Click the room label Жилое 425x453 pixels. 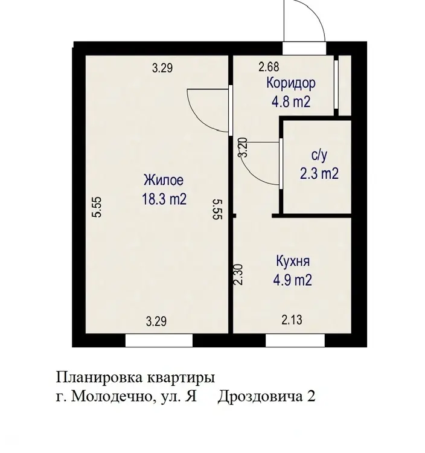click(x=164, y=180)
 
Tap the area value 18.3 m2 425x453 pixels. click(x=164, y=199)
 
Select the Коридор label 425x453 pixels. click(x=291, y=84)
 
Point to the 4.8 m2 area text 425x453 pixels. click(x=291, y=101)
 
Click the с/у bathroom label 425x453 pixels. click(x=319, y=156)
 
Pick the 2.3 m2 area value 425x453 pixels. click(x=319, y=174)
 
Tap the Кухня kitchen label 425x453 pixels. click(x=293, y=262)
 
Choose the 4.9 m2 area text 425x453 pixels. click(x=293, y=280)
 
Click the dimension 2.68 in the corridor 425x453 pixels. click(x=269, y=66)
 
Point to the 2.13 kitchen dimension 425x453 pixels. click(x=292, y=320)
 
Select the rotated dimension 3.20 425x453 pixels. click(x=243, y=147)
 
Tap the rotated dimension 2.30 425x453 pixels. click(x=238, y=275)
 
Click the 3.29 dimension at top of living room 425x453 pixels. click(x=162, y=68)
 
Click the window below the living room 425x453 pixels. click(x=159, y=340)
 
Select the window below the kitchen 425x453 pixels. click(x=295, y=340)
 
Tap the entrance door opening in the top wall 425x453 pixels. click(x=304, y=48)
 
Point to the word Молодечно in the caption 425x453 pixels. click(x=112, y=396)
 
